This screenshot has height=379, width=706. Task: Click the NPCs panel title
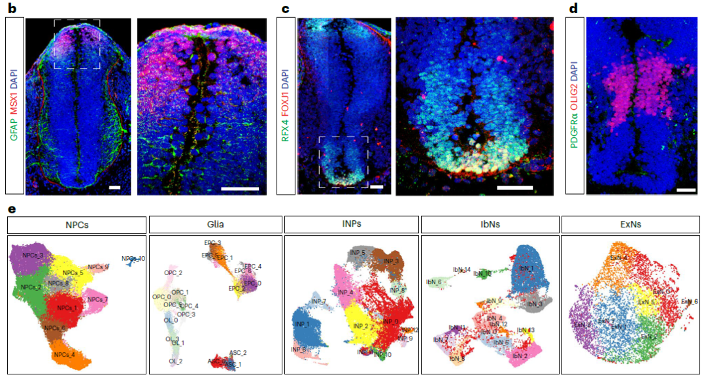(x=76, y=224)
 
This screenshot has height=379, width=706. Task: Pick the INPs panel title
(x=351, y=224)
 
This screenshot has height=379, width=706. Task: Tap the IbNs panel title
(x=489, y=224)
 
